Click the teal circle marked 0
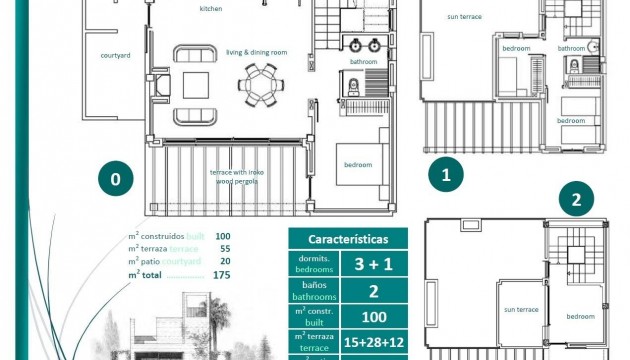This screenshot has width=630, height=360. coord(116,180)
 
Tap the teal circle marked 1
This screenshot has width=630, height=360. coord(446,174)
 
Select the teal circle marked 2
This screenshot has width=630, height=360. coord(575,199)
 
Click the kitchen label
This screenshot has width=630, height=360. coord(211,9)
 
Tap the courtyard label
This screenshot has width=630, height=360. coord(116,56)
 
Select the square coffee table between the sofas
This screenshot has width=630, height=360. coord(195,83)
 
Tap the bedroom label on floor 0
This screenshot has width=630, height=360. coord(358,164)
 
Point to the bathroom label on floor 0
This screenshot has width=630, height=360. coord(363,62)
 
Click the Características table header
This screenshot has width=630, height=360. coord(347,240)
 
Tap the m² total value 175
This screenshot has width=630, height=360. coord(221,274)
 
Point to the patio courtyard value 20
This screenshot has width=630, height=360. coord(223,260)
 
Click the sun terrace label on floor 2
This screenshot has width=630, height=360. coord(520,310)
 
